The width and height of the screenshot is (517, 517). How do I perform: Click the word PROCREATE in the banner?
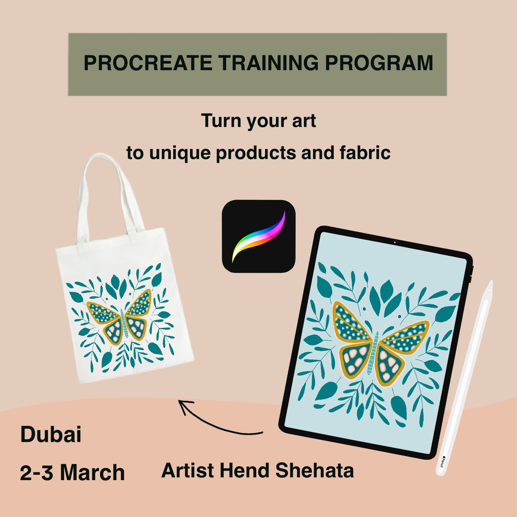[148, 63]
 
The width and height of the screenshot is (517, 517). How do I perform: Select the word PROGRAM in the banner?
[379, 63]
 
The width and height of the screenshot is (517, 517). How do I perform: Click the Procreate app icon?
[258, 236]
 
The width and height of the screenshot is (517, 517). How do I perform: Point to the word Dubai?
[51, 434]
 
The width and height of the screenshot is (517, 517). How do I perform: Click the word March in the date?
[93, 472]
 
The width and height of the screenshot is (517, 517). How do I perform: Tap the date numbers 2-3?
[37, 473]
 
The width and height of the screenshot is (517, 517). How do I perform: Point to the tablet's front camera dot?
[395, 242]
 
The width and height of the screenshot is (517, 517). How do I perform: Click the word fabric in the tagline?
[365, 153]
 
